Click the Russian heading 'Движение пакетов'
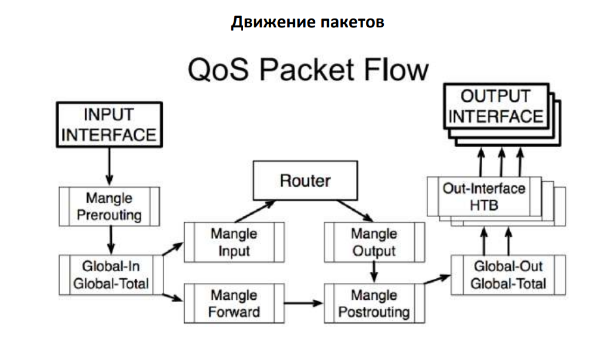point(307,23)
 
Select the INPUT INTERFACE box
point(110,125)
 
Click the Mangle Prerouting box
point(109,206)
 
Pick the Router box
point(305,181)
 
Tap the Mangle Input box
point(234,242)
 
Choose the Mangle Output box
point(374,242)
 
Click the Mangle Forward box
point(234,303)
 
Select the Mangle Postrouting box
point(374,303)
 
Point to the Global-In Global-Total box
point(110,274)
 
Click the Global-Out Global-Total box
point(508,274)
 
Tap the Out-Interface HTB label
point(484,197)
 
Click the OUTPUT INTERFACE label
point(496,106)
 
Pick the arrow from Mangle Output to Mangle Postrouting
point(374,272)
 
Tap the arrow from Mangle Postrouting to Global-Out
point(437,280)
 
